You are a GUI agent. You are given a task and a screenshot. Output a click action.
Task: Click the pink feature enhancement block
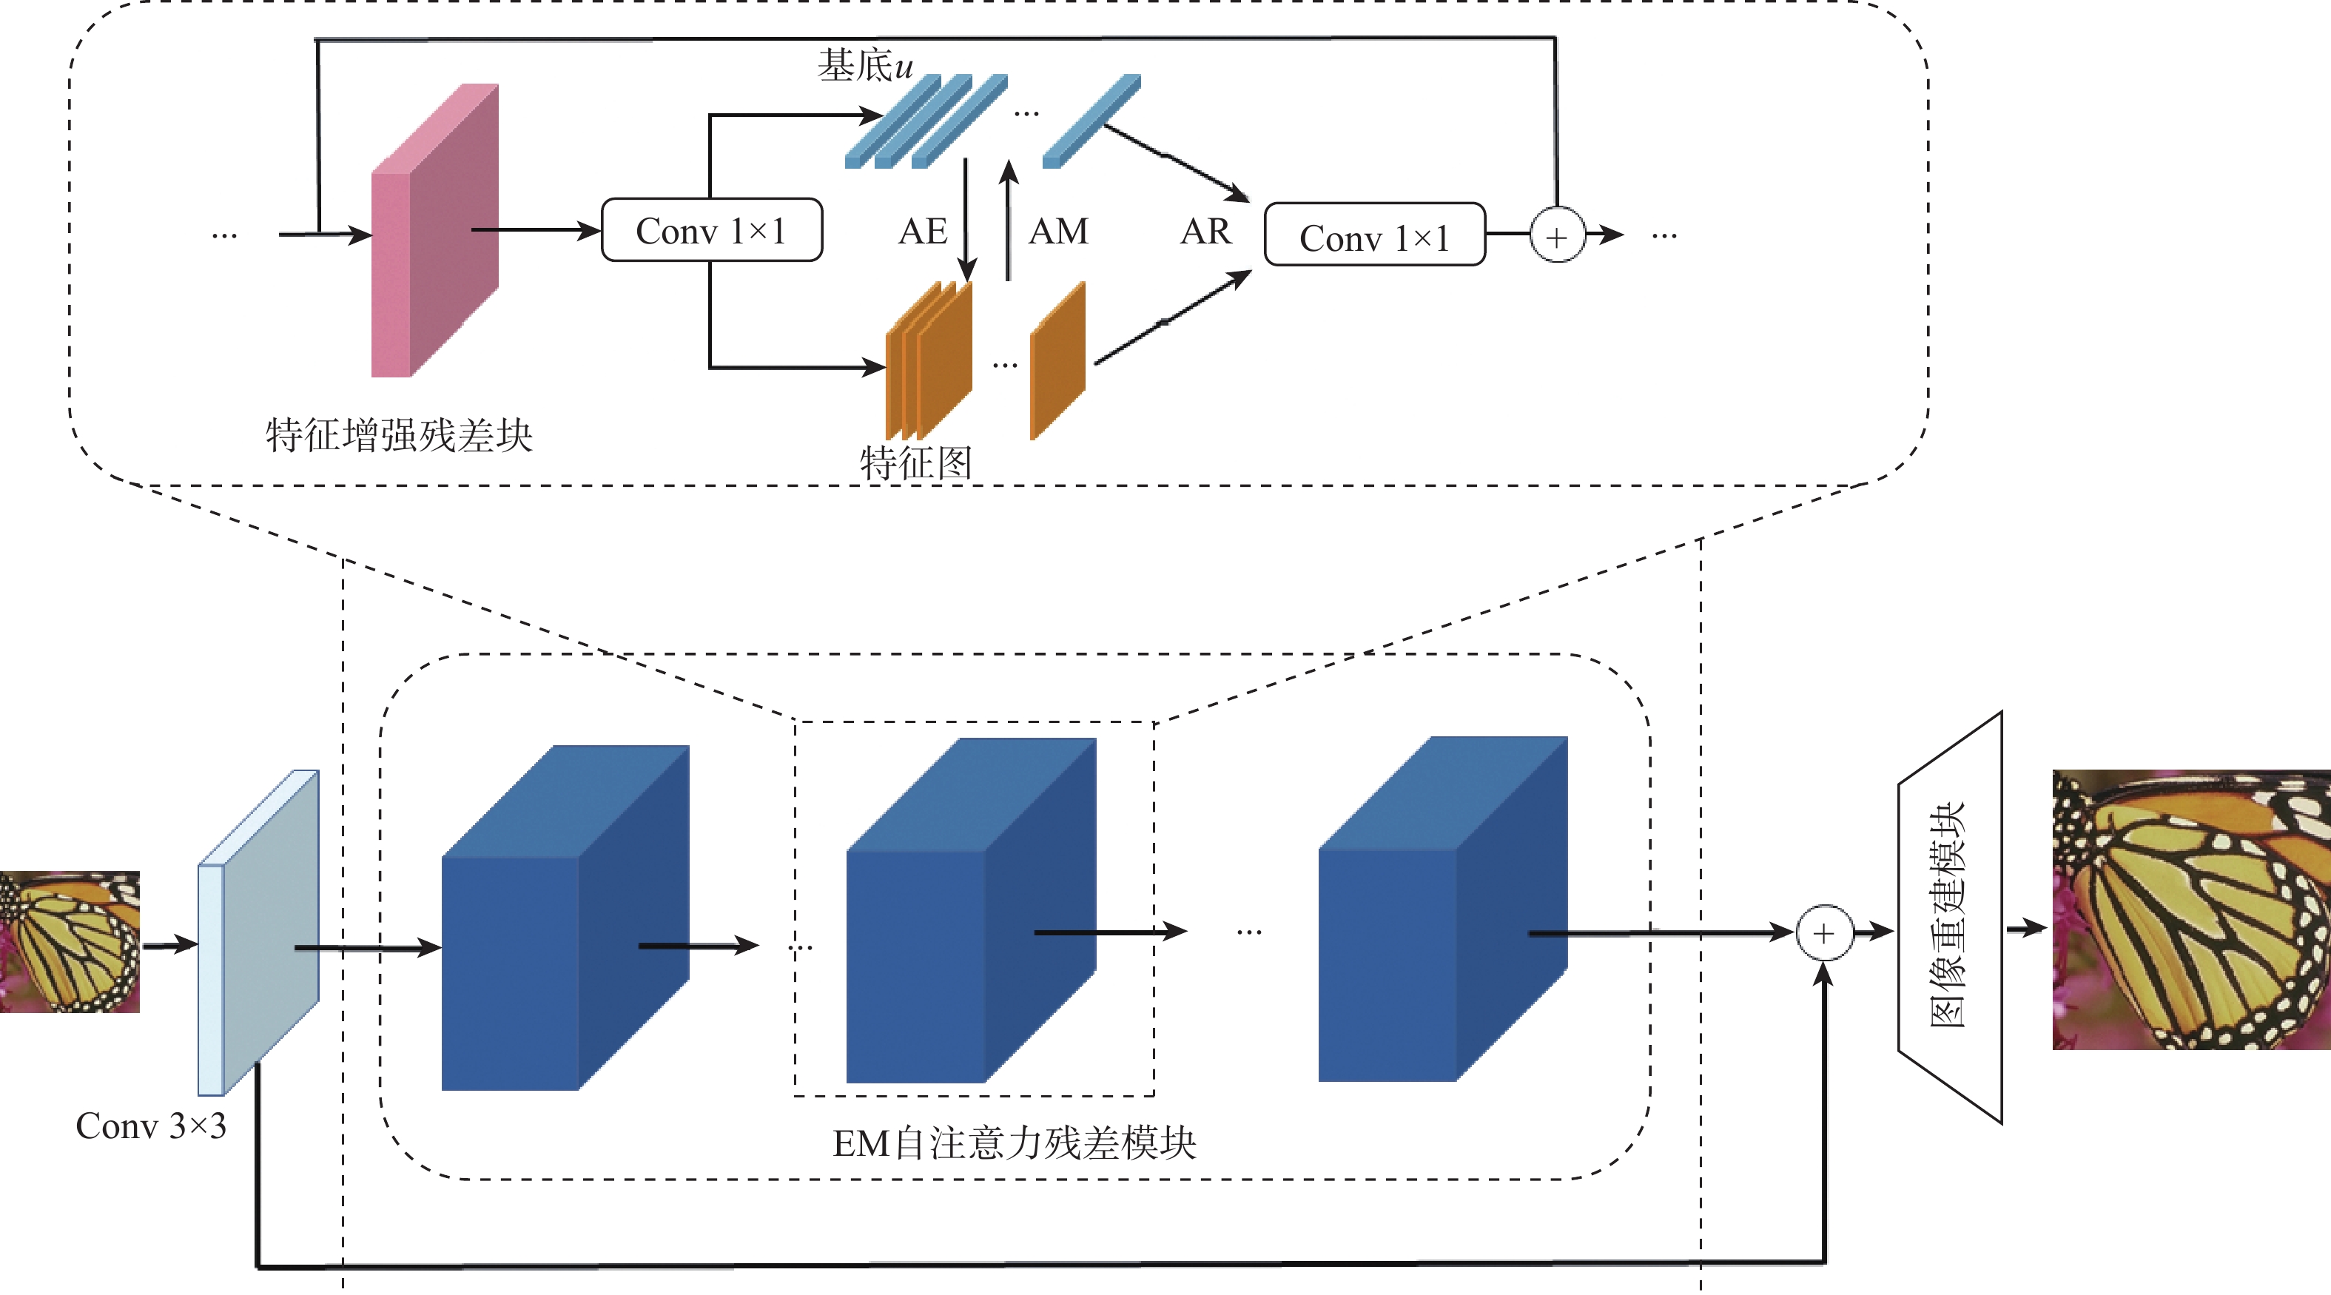click(434, 231)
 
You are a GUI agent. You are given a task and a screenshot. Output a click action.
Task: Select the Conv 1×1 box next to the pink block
click(711, 231)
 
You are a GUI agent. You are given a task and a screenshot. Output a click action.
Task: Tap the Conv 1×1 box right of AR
click(1373, 235)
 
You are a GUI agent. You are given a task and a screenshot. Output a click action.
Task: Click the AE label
click(922, 232)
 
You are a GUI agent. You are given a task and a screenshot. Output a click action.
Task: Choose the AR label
click(1205, 232)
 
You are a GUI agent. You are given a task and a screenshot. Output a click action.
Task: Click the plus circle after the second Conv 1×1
click(1556, 236)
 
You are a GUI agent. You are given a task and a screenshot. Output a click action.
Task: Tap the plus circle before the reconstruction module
click(1823, 932)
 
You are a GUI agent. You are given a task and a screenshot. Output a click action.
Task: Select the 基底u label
click(865, 65)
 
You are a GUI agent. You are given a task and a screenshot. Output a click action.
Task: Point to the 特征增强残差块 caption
click(399, 435)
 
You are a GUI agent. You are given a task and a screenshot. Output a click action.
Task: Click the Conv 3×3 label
click(151, 1126)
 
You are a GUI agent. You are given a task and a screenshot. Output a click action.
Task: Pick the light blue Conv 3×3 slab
click(258, 932)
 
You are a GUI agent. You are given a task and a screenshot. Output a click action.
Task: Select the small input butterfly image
click(70, 941)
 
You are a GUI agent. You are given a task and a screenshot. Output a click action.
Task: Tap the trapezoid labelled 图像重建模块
click(1950, 916)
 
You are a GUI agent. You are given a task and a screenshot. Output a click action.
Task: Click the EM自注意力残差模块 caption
click(1015, 1143)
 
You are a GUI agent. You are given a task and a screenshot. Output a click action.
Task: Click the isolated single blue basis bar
click(1091, 121)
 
